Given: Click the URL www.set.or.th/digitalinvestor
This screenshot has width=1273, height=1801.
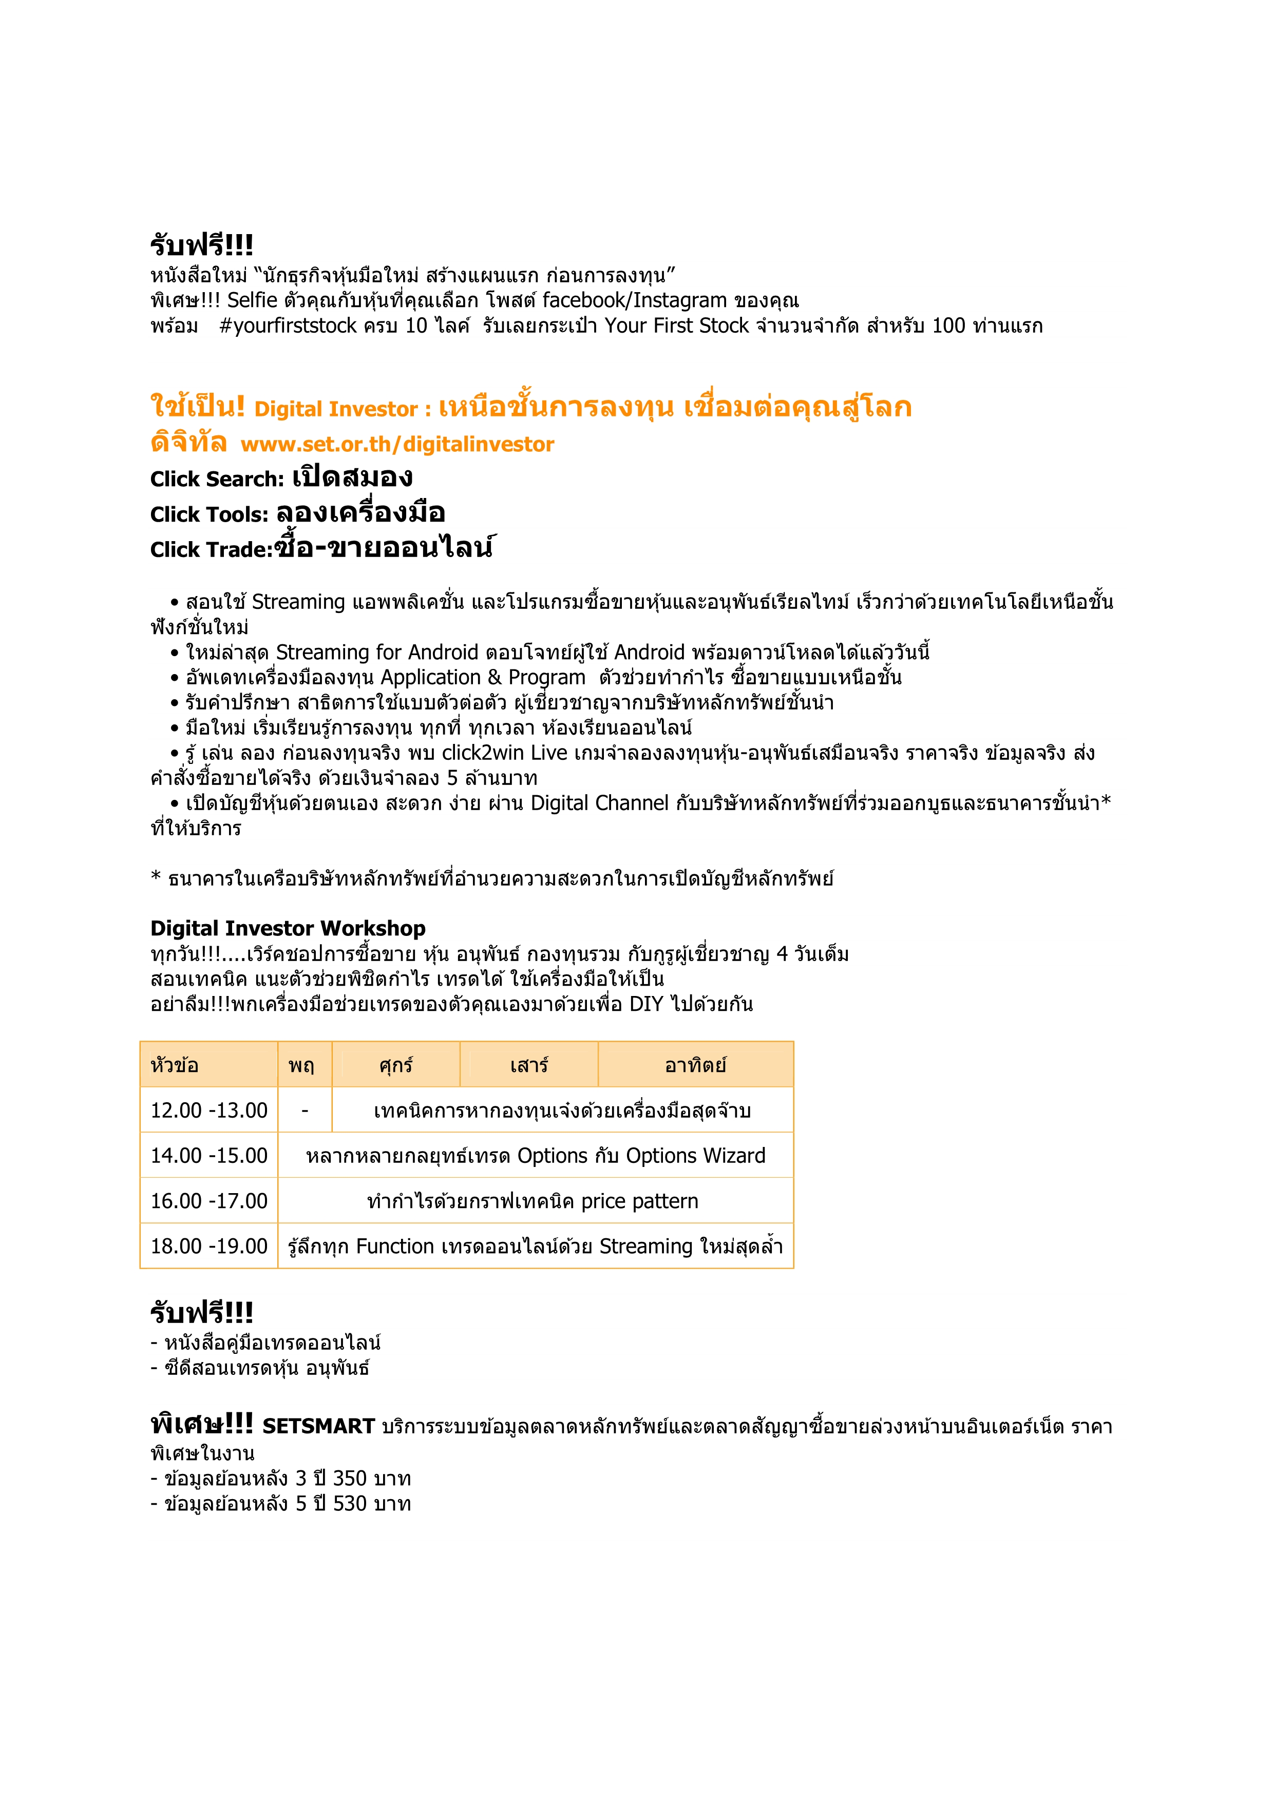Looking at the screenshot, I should pyautogui.click(x=397, y=445).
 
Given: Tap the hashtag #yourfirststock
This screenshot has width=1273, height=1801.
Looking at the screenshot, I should pyautogui.click(x=288, y=325).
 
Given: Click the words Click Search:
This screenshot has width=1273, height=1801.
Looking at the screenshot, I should pyautogui.click(x=217, y=480).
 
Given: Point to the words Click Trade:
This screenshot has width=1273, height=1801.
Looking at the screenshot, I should pyautogui.click(x=211, y=550).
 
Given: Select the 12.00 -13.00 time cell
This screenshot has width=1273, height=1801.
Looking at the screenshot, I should pyautogui.click(x=208, y=1110).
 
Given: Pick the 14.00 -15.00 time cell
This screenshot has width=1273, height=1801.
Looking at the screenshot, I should pyautogui.click(x=208, y=1156).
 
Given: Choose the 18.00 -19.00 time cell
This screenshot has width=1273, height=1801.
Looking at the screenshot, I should pyautogui.click(x=208, y=1247).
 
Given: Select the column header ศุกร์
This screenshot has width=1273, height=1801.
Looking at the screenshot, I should pyautogui.click(x=395, y=1065).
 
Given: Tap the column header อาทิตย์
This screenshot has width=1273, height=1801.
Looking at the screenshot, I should pyautogui.click(x=695, y=1065).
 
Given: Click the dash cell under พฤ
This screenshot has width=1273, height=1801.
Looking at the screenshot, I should pyautogui.click(x=305, y=1110).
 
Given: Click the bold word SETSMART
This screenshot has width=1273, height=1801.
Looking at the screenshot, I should pyautogui.click(x=318, y=1426).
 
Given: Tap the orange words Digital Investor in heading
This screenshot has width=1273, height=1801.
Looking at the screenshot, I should pyautogui.click(x=336, y=410).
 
